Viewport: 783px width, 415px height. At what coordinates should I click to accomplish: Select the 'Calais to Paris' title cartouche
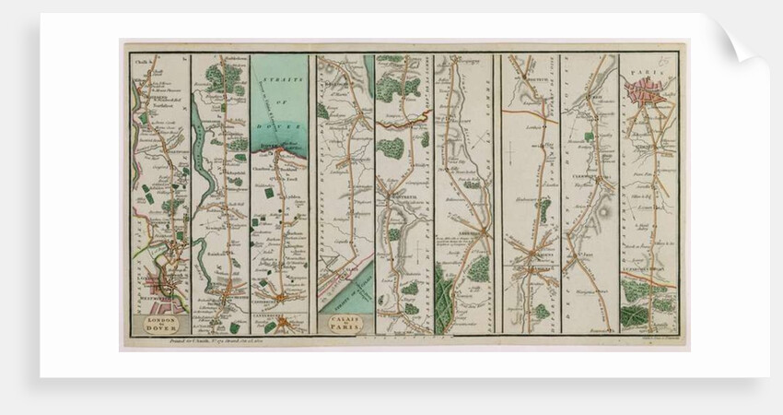(x=344, y=322)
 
